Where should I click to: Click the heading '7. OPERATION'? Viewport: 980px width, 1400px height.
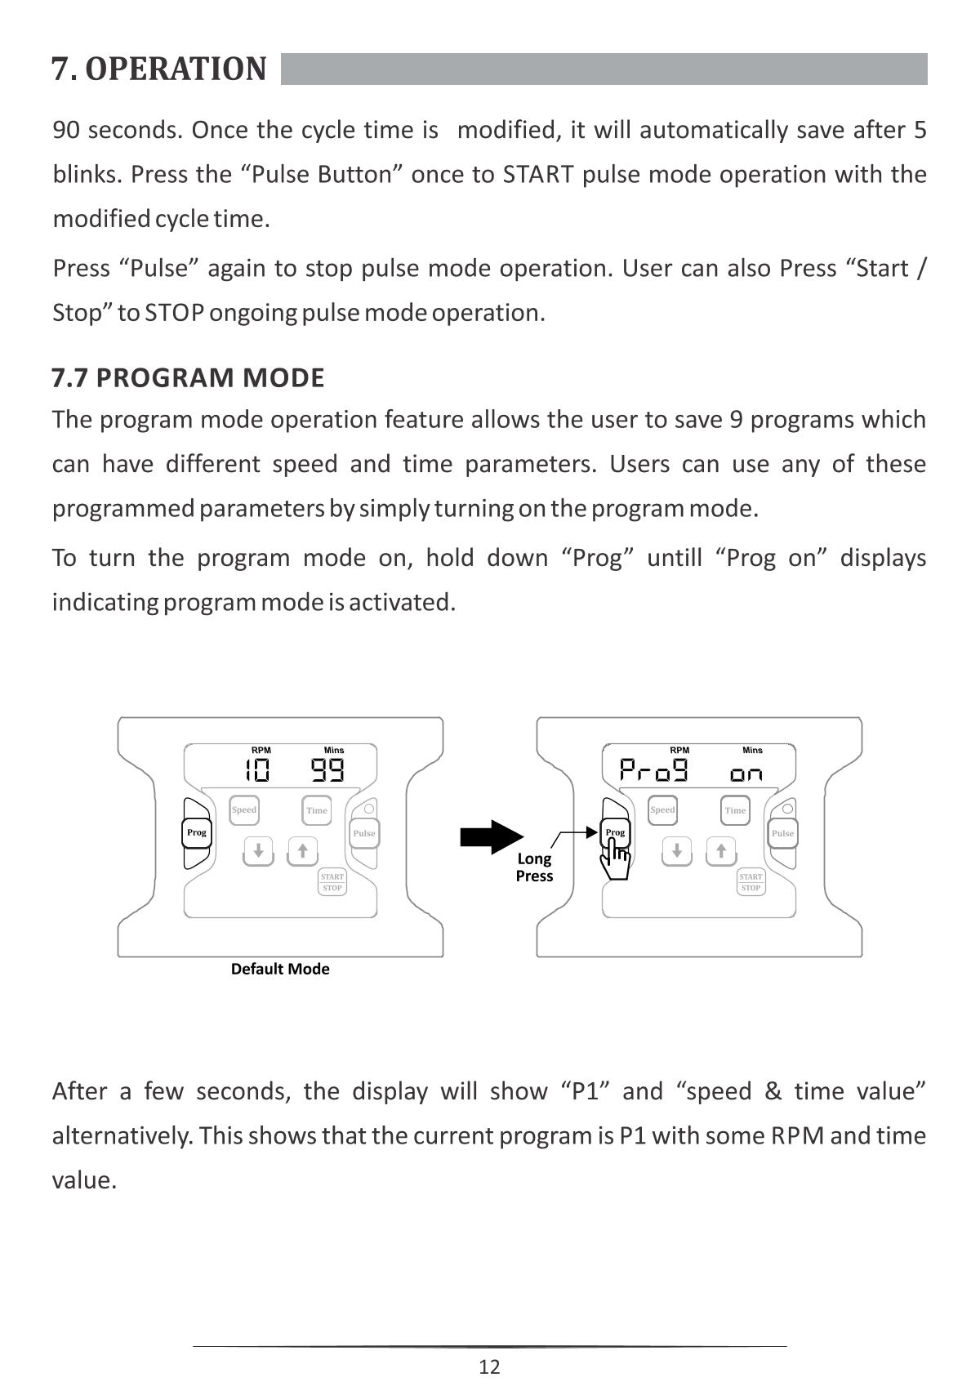pyautogui.click(x=159, y=69)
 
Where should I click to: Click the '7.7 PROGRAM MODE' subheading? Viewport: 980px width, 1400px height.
pyautogui.click(x=188, y=378)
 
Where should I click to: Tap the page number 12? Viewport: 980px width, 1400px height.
pyautogui.click(x=489, y=1367)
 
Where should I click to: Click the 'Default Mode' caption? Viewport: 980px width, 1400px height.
pyautogui.click(x=280, y=969)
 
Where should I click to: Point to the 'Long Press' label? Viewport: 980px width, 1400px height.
pyautogui.click(x=534, y=867)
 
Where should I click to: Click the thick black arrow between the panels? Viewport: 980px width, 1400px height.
pyautogui.click(x=491, y=837)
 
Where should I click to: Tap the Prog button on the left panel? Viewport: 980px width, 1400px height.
pyautogui.click(x=197, y=832)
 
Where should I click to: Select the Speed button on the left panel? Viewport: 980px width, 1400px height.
pyautogui.click(x=244, y=810)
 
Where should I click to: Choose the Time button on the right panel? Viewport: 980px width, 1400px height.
pyautogui.click(x=735, y=810)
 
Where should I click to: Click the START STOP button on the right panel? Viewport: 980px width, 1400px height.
pyautogui.click(x=751, y=882)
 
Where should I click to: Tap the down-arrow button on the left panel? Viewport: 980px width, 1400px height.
pyautogui.click(x=258, y=851)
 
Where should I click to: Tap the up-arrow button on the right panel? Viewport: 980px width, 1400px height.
pyautogui.click(x=721, y=851)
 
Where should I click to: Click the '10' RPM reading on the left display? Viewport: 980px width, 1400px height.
pyautogui.click(x=258, y=769)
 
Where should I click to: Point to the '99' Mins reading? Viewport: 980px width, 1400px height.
pyautogui.click(x=327, y=769)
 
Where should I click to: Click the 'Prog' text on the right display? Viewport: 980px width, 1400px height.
pyautogui.click(x=653, y=769)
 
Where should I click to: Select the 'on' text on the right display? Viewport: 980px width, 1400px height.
pyautogui.click(x=746, y=773)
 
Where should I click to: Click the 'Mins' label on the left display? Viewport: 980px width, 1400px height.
pyautogui.click(x=334, y=750)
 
